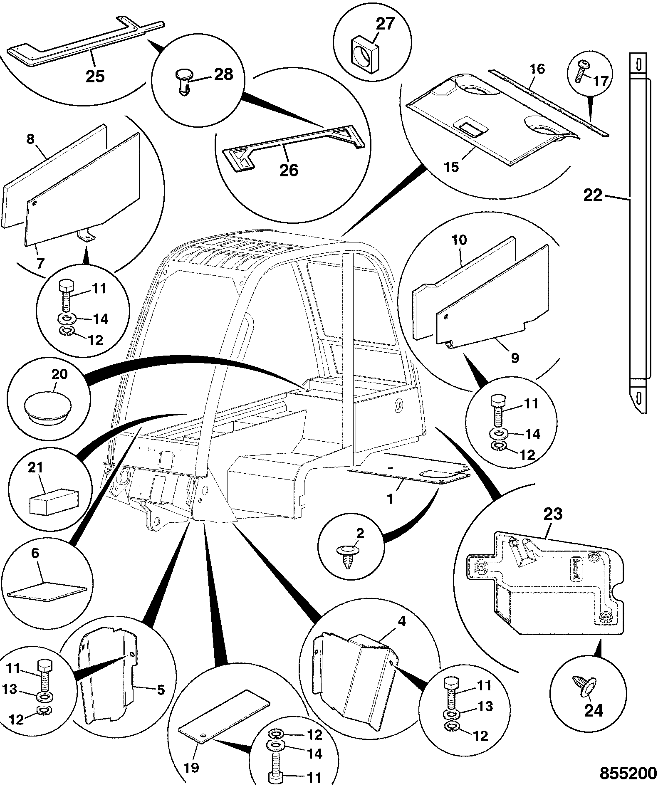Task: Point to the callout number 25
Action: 95,76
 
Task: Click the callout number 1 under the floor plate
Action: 390,498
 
